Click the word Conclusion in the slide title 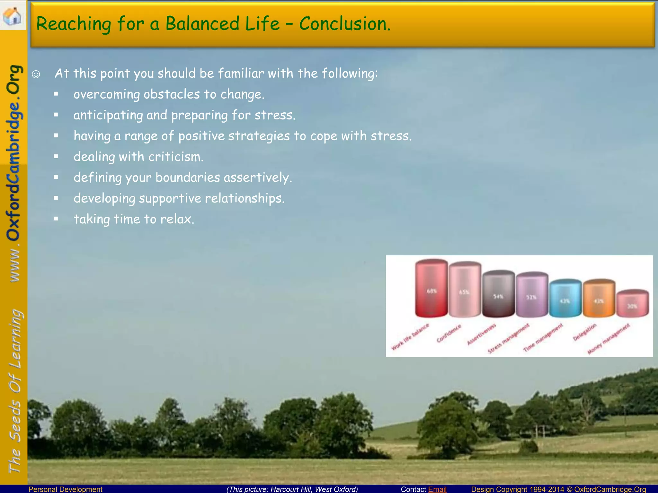click(344, 24)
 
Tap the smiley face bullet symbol click(36, 74)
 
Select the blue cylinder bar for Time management click(565, 298)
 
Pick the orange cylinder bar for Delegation click(599, 298)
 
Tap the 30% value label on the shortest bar click(632, 306)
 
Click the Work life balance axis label click(410, 337)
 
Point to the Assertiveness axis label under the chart click(481, 334)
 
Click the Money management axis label click(609, 339)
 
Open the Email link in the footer click(437, 489)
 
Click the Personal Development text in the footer click(65, 489)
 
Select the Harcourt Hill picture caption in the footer click(292, 489)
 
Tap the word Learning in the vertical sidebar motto click(15, 339)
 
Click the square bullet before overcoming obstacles click(56, 94)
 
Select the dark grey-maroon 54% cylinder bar click(498, 294)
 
